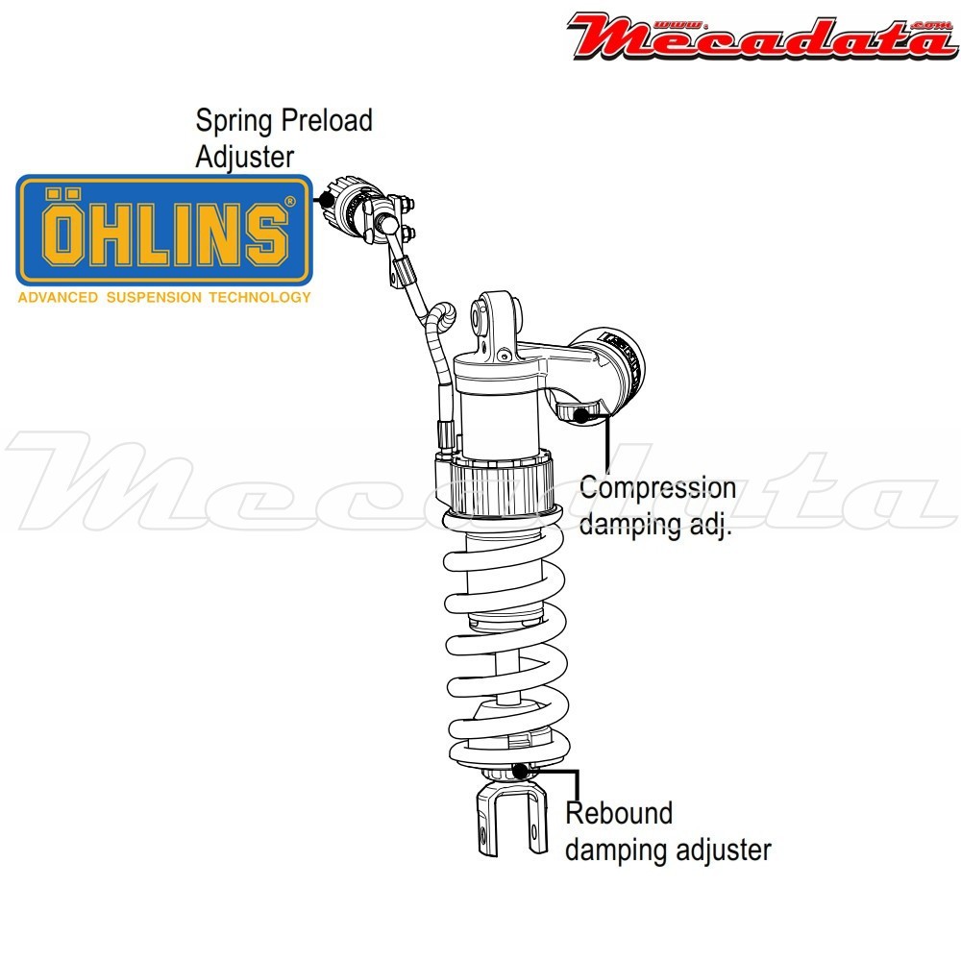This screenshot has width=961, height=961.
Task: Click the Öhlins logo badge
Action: (164, 231)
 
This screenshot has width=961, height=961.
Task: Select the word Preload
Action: (327, 122)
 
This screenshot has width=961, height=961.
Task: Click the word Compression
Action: (658, 488)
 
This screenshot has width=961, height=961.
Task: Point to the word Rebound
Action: (619, 813)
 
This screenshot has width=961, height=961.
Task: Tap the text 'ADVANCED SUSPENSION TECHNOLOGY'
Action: (164, 297)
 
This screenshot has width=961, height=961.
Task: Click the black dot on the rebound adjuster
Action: (521, 770)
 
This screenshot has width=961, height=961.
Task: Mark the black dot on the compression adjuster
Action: (581, 414)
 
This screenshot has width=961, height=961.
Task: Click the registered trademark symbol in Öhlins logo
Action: (289, 202)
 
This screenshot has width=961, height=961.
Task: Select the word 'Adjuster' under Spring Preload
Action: (244, 157)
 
